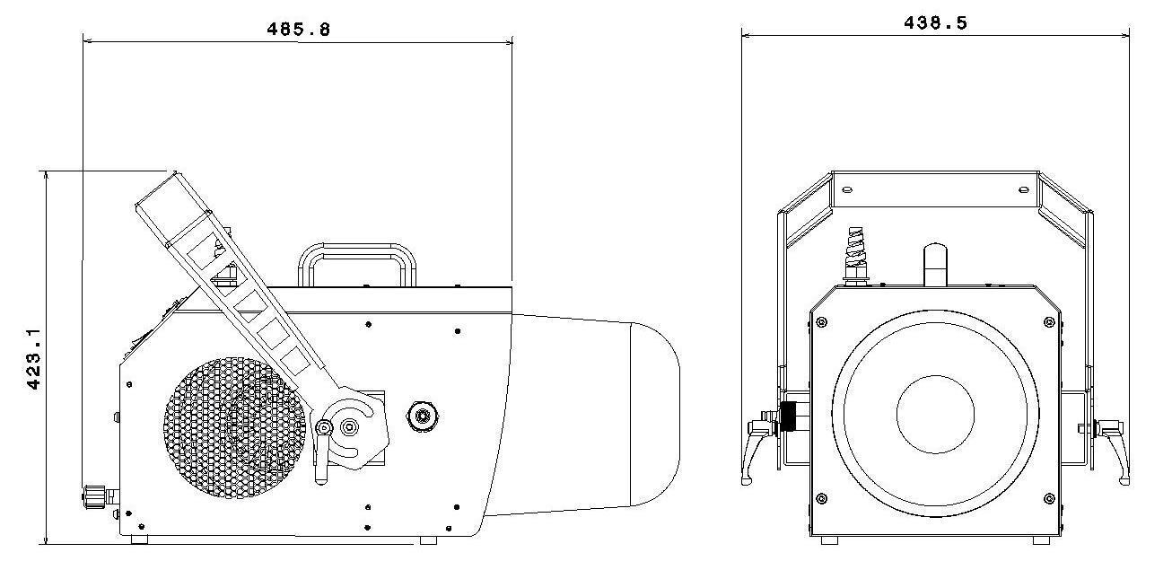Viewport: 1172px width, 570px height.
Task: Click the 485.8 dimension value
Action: [298, 29]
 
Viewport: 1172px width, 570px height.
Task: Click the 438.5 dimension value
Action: [935, 23]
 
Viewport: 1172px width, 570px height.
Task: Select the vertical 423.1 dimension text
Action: [34, 357]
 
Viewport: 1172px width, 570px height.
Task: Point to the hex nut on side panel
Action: [420, 416]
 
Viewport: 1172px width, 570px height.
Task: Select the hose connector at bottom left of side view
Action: [95, 495]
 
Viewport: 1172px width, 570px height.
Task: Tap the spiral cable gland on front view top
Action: [857, 254]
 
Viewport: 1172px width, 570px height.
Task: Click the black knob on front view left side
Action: [790, 417]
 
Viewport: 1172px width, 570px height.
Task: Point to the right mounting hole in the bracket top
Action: [1023, 189]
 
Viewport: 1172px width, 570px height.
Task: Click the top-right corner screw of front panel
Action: [1048, 322]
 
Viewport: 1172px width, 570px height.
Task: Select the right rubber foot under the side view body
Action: [428, 540]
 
